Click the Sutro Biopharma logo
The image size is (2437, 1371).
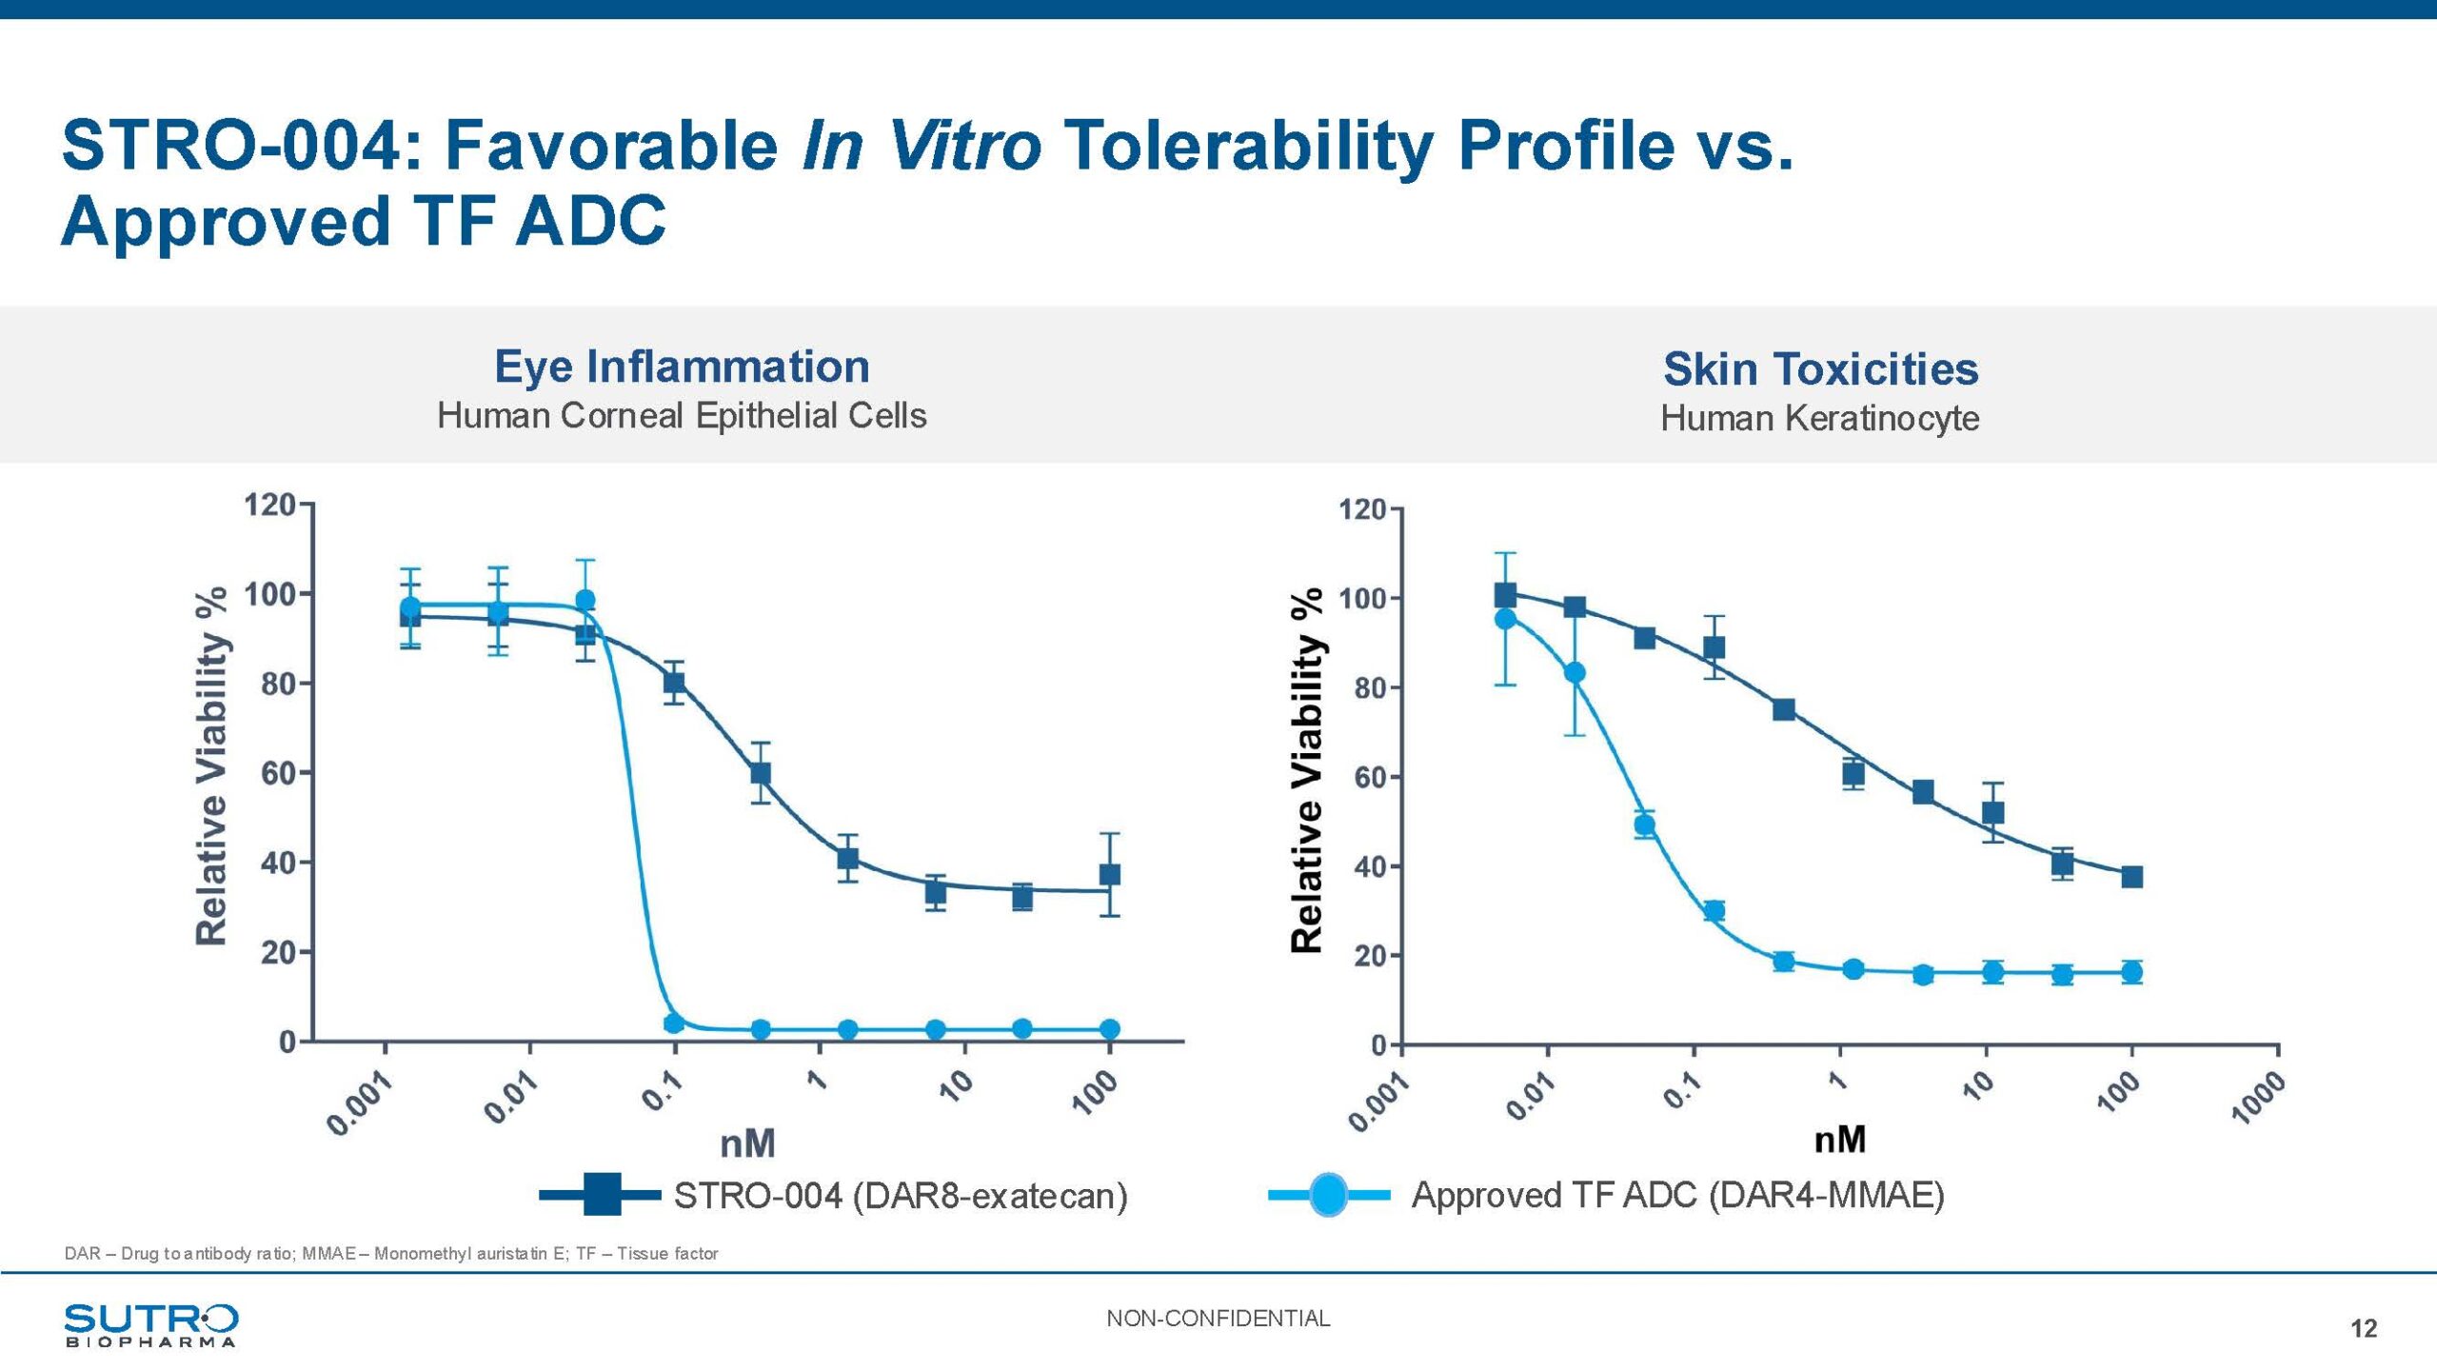tap(150, 1324)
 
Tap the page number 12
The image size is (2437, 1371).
tap(2363, 1328)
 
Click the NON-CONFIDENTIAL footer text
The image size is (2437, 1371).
tap(1218, 1318)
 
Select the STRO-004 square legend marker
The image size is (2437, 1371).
tap(602, 1195)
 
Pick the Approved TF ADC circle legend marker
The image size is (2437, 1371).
tap(1328, 1195)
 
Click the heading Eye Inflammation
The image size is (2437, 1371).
tap(682, 367)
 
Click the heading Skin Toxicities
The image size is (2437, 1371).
tap(1820, 369)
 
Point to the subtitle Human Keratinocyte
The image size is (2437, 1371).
tap(1819, 418)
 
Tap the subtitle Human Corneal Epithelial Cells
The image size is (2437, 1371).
tap(682, 415)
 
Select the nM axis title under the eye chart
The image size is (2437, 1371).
tap(747, 1143)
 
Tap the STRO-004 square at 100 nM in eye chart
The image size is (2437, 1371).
tap(1110, 874)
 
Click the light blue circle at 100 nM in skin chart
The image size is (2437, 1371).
tap(2132, 972)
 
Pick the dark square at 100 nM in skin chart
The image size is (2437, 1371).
tap(2132, 877)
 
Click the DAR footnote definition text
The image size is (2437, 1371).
tap(390, 1253)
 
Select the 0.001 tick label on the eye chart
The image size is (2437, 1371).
tap(360, 1104)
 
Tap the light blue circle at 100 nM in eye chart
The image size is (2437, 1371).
tap(1110, 1029)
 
